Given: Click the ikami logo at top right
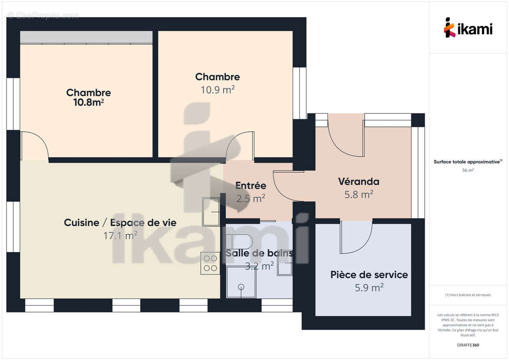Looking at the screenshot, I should click(468, 28).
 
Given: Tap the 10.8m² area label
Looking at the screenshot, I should click(89, 103).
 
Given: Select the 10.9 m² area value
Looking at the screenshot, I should click(217, 90).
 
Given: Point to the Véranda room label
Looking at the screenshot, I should click(359, 182).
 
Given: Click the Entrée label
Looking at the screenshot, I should click(251, 185).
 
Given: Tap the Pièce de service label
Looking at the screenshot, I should click(369, 274).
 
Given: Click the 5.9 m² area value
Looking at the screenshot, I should click(369, 287).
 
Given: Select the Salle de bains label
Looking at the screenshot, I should click(259, 253).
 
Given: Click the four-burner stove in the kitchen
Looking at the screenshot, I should click(210, 263).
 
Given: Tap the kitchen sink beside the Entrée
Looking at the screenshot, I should click(211, 211).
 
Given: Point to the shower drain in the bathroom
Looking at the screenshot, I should click(241, 286).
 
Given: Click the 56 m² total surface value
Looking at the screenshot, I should click(468, 170).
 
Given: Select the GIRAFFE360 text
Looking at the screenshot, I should click(468, 345).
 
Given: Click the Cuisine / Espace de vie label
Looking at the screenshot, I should click(120, 222).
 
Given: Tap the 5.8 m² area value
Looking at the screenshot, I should click(359, 194).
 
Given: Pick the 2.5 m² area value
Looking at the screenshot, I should click(251, 198).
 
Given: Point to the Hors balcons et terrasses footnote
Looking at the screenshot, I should click(468, 295).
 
